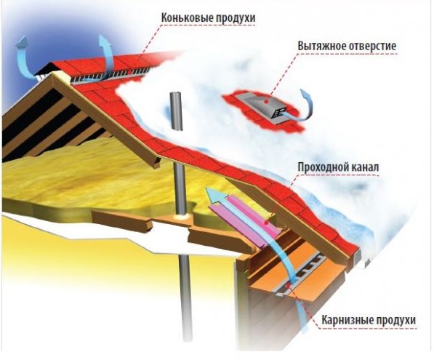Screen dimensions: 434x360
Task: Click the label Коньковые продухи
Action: pyautogui.click(x=208, y=17)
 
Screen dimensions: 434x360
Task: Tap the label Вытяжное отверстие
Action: pyautogui.click(x=347, y=46)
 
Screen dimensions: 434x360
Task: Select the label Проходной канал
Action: pyautogui.click(x=338, y=167)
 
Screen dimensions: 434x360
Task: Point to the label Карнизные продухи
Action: pyautogui.click(x=369, y=320)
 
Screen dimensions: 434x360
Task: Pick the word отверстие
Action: pyautogui.click(x=372, y=46)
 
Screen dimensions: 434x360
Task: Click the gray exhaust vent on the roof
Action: pyautogui.click(x=266, y=108)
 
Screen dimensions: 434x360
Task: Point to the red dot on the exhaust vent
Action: pyautogui.click(x=266, y=102)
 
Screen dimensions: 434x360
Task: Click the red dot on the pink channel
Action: pyautogui.click(x=266, y=222)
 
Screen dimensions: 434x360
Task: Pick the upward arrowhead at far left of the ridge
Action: pyautogui.click(x=23, y=42)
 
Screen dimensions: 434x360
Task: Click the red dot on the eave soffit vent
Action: pyautogui.click(x=288, y=284)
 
